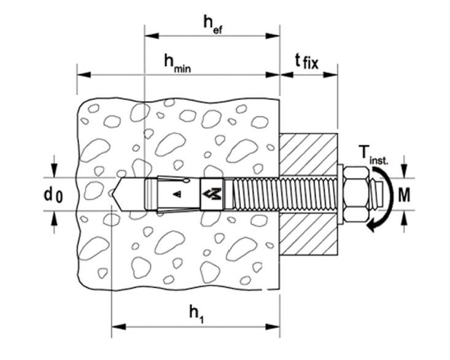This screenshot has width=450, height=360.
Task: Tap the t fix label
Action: tap(307, 61)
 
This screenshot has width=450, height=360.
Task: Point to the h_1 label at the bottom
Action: tap(196, 314)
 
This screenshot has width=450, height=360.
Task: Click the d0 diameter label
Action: tap(53, 195)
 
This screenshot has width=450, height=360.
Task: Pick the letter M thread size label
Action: tap(404, 195)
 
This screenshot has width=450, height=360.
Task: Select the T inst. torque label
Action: tap(373, 155)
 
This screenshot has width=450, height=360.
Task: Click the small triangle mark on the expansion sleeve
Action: tap(178, 194)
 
